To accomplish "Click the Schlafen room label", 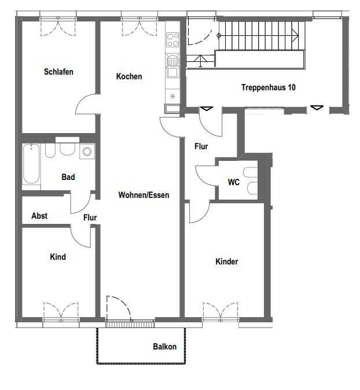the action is click(58, 72).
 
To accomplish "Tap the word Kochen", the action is click(129, 76).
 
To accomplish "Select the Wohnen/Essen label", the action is click(144, 195).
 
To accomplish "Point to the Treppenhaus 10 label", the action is click(269, 87).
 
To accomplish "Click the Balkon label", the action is click(165, 347).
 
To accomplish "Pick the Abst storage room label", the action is click(39, 216).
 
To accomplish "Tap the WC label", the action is click(234, 182).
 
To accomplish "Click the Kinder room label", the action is click(227, 262).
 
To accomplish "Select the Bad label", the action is click(68, 177).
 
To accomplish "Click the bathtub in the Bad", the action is click(31, 164).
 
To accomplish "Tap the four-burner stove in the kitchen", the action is click(173, 40).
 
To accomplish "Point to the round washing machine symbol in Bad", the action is click(87, 151).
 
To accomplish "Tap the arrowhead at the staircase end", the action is click(295, 35).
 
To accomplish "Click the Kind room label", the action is click(58, 257).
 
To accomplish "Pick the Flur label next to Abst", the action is click(90, 218).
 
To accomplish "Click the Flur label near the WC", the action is click(201, 146).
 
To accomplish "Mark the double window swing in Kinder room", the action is click(221, 310).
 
